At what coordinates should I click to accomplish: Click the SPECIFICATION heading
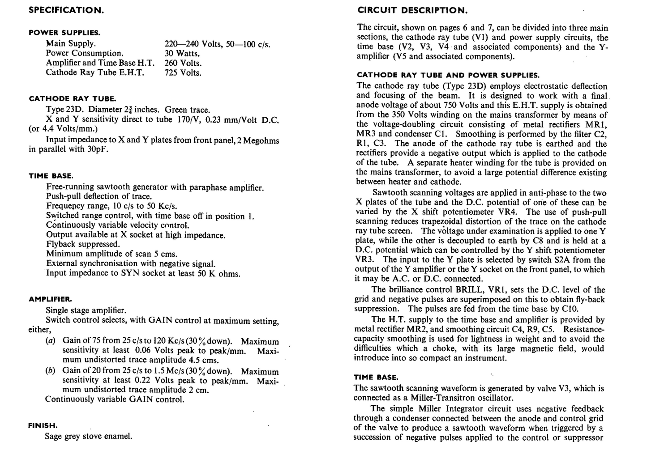tap(66, 10)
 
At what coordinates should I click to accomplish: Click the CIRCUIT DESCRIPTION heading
tap(412, 10)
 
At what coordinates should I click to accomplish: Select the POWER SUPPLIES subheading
tap(64, 33)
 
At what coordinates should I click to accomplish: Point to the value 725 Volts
tap(183, 73)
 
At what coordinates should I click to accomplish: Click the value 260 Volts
tap(183, 64)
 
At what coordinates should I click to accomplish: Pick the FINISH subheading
tap(43, 426)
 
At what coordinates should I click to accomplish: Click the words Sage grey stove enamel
tap(89, 436)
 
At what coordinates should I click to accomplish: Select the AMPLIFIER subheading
tap(50, 299)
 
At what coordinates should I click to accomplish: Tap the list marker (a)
tap(51, 341)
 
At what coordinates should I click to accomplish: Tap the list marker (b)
tap(51, 371)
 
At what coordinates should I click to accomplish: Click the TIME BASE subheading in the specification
tap(51, 176)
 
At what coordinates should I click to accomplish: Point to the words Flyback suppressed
tap(83, 244)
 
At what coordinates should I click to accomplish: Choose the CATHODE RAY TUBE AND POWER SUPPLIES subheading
tap(448, 75)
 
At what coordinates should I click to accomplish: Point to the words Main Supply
tap(71, 44)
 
